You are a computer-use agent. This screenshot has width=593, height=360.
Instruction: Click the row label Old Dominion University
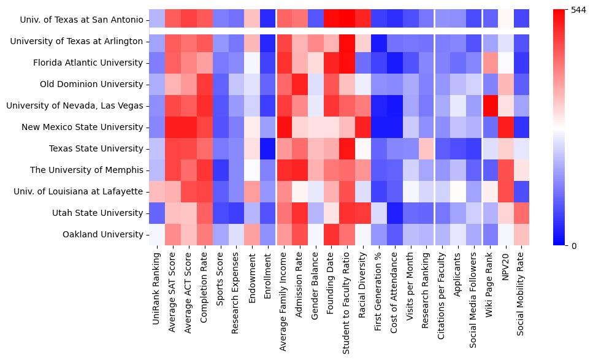pyautogui.click(x=91, y=84)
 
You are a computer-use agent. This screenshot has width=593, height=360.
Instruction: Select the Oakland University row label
pyautogui.click(x=102, y=234)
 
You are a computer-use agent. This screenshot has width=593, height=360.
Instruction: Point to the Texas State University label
pyautogui.click(x=96, y=148)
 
